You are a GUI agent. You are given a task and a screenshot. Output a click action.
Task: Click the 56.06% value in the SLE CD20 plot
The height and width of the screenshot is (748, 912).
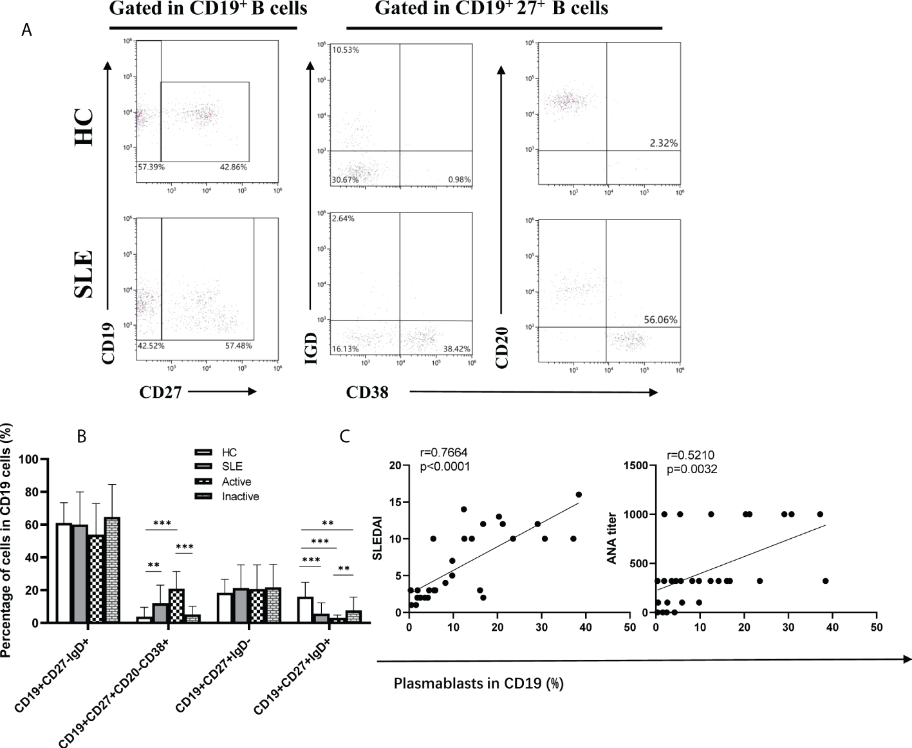point(660,320)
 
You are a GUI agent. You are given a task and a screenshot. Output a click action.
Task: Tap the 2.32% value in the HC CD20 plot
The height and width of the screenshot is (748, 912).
point(664,143)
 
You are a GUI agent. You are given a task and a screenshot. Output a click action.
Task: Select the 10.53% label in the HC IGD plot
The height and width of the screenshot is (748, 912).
point(345,50)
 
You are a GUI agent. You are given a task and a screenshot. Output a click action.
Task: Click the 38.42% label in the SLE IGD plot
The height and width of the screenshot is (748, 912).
point(456,349)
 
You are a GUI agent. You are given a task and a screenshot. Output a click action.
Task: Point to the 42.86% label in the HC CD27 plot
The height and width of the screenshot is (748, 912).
point(233,167)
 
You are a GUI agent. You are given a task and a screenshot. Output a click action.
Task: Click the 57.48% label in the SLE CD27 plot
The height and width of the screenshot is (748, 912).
point(238,346)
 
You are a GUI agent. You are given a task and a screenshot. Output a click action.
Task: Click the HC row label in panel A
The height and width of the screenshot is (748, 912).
point(84,127)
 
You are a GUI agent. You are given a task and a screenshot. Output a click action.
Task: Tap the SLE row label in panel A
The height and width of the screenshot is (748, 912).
point(84,274)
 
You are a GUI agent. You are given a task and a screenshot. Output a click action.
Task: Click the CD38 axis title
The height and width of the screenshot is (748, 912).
point(367,392)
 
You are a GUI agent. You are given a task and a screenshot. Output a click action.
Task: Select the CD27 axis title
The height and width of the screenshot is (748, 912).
point(160,392)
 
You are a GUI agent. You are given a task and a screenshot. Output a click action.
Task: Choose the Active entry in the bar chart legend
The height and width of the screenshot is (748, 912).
point(236,482)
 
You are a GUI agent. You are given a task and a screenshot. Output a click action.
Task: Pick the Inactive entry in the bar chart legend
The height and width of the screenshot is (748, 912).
point(240,496)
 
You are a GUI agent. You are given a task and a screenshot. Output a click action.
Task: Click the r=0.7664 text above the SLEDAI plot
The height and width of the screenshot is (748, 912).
point(444,453)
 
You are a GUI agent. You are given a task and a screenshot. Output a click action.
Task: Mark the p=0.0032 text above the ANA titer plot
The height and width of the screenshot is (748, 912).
point(692,469)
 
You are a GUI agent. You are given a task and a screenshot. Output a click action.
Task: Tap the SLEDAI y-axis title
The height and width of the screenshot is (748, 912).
point(378,538)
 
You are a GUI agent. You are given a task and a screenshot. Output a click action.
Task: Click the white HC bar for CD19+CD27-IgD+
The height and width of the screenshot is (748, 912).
point(64,573)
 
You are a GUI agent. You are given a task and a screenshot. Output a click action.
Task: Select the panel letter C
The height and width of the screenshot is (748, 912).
point(344,436)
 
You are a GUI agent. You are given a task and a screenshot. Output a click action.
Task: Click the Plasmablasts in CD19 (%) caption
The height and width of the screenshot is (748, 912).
point(478,683)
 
